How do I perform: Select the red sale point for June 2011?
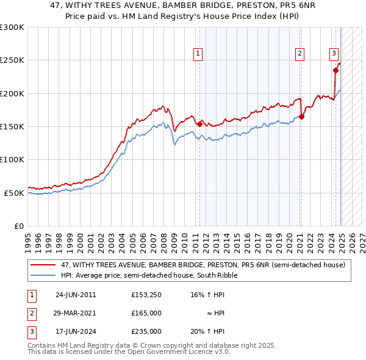click(199, 124)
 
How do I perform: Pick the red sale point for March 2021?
click(301, 117)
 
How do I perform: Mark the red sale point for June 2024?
click(335, 70)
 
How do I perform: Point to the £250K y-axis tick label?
click(12, 60)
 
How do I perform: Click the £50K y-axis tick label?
click(14, 193)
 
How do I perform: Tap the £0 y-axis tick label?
click(20, 226)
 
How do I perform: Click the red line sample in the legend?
click(43, 265)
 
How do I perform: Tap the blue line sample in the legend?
click(43, 275)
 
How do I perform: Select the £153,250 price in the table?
click(146, 295)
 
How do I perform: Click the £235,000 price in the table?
click(146, 331)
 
